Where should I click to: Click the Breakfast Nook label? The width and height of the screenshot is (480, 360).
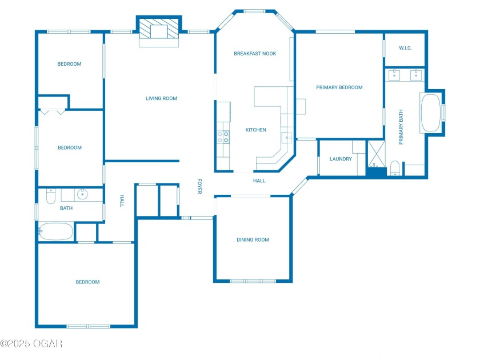pyautogui.click(x=255, y=54)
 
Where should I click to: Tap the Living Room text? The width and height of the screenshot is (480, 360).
pyautogui.click(x=161, y=98)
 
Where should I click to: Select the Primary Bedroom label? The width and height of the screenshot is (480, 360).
pyautogui.click(x=339, y=87)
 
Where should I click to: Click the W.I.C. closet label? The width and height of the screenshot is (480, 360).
pyautogui.click(x=405, y=48)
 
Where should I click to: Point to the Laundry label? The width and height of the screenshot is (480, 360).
pyautogui.click(x=341, y=159)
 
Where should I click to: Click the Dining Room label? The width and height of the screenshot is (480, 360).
pyautogui.click(x=253, y=239)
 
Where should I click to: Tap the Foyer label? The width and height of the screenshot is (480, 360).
pyautogui.click(x=199, y=186)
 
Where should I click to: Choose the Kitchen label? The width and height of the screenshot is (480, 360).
pyautogui.click(x=255, y=130)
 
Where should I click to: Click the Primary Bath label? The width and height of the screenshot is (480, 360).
pyautogui.click(x=401, y=127)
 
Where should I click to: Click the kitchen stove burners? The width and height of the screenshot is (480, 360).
pyautogui.click(x=223, y=137)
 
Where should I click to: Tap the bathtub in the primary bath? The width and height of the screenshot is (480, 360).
pyautogui.click(x=430, y=113)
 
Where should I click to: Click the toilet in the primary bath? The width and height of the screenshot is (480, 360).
pyautogui.click(x=395, y=169)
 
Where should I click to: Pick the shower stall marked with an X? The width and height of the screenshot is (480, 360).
pyautogui.click(x=376, y=154)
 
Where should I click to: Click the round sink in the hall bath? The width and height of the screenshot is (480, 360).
pyautogui.click(x=82, y=194)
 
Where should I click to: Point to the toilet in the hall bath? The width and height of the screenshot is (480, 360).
pyautogui.click(x=50, y=196)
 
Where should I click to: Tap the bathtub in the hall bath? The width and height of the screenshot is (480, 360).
pyautogui.click(x=56, y=231)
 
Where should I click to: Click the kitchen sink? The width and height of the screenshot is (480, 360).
pyautogui.click(x=287, y=138)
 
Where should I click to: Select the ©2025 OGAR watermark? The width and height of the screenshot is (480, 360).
pyautogui.click(x=31, y=343)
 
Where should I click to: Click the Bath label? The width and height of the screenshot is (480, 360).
pyautogui.click(x=66, y=208)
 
